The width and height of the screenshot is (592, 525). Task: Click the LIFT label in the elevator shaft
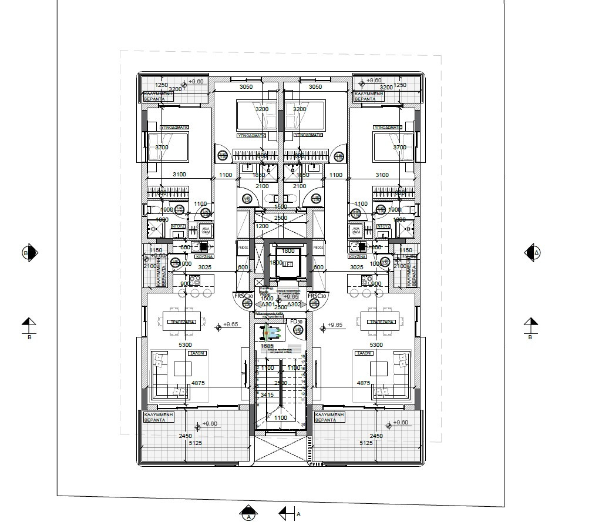click(x=288, y=265)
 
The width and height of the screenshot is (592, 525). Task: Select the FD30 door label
click(x=297, y=322)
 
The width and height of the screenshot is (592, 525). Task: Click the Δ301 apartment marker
click(x=268, y=305)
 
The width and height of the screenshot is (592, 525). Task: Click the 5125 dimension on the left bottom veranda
click(x=194, y=443)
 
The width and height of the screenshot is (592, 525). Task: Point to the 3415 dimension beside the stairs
click(x=267, y=394)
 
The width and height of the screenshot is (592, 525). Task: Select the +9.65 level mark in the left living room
click(x=230, y=325)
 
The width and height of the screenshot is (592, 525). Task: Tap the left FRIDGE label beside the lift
click(x=243, y=248)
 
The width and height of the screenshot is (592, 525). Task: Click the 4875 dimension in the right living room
click(x=363, y=383)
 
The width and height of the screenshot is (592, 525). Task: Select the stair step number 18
click(x=304, y=356)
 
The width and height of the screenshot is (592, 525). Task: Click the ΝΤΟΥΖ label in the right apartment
click(x=383, y=226)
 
